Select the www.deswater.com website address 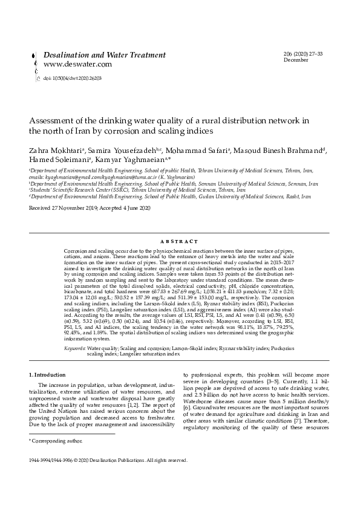tap(77, 64)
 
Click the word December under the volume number tap(296, 60)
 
